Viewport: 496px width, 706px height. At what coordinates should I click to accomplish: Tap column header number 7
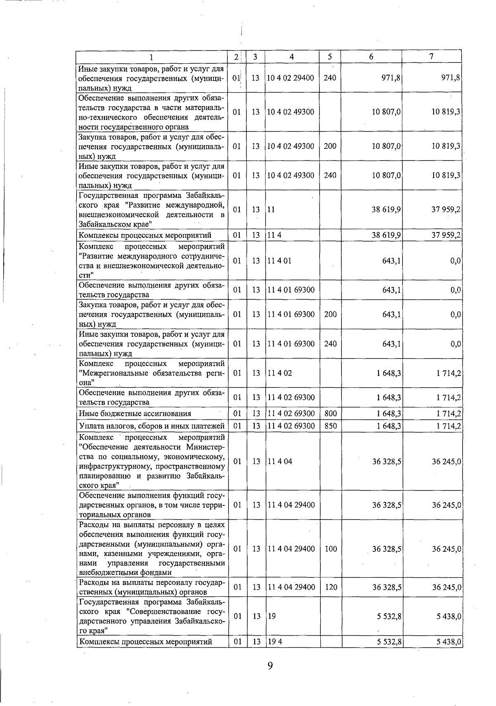click(x=431, y=57)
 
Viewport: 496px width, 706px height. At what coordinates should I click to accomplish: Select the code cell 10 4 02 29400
click(x=291, y=78)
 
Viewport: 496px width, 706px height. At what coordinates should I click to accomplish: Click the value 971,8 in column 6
click(x=391, y=78)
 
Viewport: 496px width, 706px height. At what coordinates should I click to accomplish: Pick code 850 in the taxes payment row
click(x=330, y=426)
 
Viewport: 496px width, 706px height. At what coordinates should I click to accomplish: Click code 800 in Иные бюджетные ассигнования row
click(x=330, y=414)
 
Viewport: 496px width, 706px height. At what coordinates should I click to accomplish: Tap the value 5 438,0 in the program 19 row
click(x=449, y=616)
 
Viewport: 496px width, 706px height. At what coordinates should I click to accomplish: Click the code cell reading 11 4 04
click(x=280, y=461)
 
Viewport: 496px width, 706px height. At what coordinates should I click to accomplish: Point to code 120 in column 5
click(x=331, y=587)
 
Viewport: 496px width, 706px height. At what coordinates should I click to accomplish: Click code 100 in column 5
click(x=331, y=549)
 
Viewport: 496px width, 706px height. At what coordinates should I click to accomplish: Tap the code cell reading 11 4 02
click(x=280, y=373)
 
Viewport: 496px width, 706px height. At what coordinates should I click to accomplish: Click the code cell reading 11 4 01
click(x=280, y=261)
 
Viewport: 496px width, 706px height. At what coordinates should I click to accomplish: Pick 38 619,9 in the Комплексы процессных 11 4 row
click(x=386, y=235)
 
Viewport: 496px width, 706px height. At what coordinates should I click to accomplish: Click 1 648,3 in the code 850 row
click(x=389, y=426)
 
